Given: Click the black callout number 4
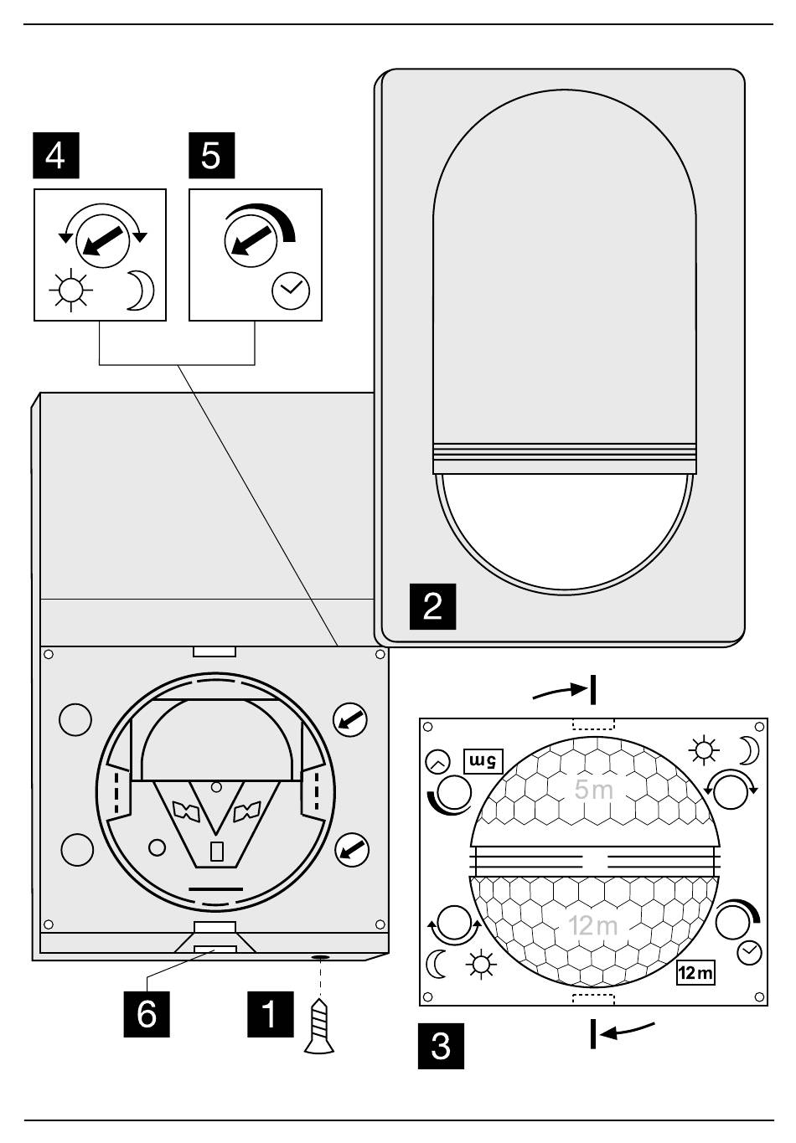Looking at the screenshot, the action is pos(56,155).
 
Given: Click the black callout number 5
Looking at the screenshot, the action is pos(211,155).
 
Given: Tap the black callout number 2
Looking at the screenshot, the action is pos(432,606).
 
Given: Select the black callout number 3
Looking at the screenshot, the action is pos(441,1046).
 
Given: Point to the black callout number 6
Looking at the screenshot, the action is pos(147,1014).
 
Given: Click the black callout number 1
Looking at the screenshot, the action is pos(271,1014).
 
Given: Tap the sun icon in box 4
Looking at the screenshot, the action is pos(71,291).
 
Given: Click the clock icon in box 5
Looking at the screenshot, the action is pos(291,291).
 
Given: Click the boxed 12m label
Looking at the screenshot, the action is pos(695,972).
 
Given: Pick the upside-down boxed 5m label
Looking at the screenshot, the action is pos(483,762).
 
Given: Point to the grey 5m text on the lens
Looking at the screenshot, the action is pos(593,789).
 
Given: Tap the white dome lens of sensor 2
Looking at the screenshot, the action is pos(564,533).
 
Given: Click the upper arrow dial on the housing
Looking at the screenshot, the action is pos(350,720).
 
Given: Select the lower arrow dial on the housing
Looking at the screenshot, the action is pos(352,850).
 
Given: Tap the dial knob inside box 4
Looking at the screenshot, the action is pos(102,240).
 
